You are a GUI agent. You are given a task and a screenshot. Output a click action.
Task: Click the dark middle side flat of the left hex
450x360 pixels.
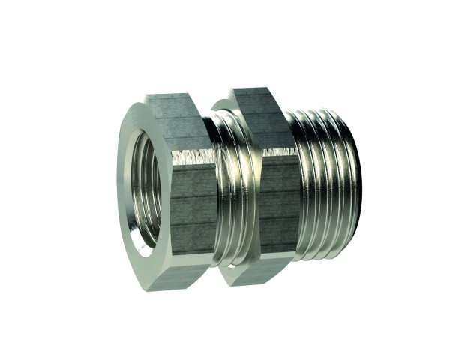pyautogui.click(x=193, y=199)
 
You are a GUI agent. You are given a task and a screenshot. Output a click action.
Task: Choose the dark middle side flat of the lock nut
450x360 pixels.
pyautogui.click(x=259, y=199)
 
